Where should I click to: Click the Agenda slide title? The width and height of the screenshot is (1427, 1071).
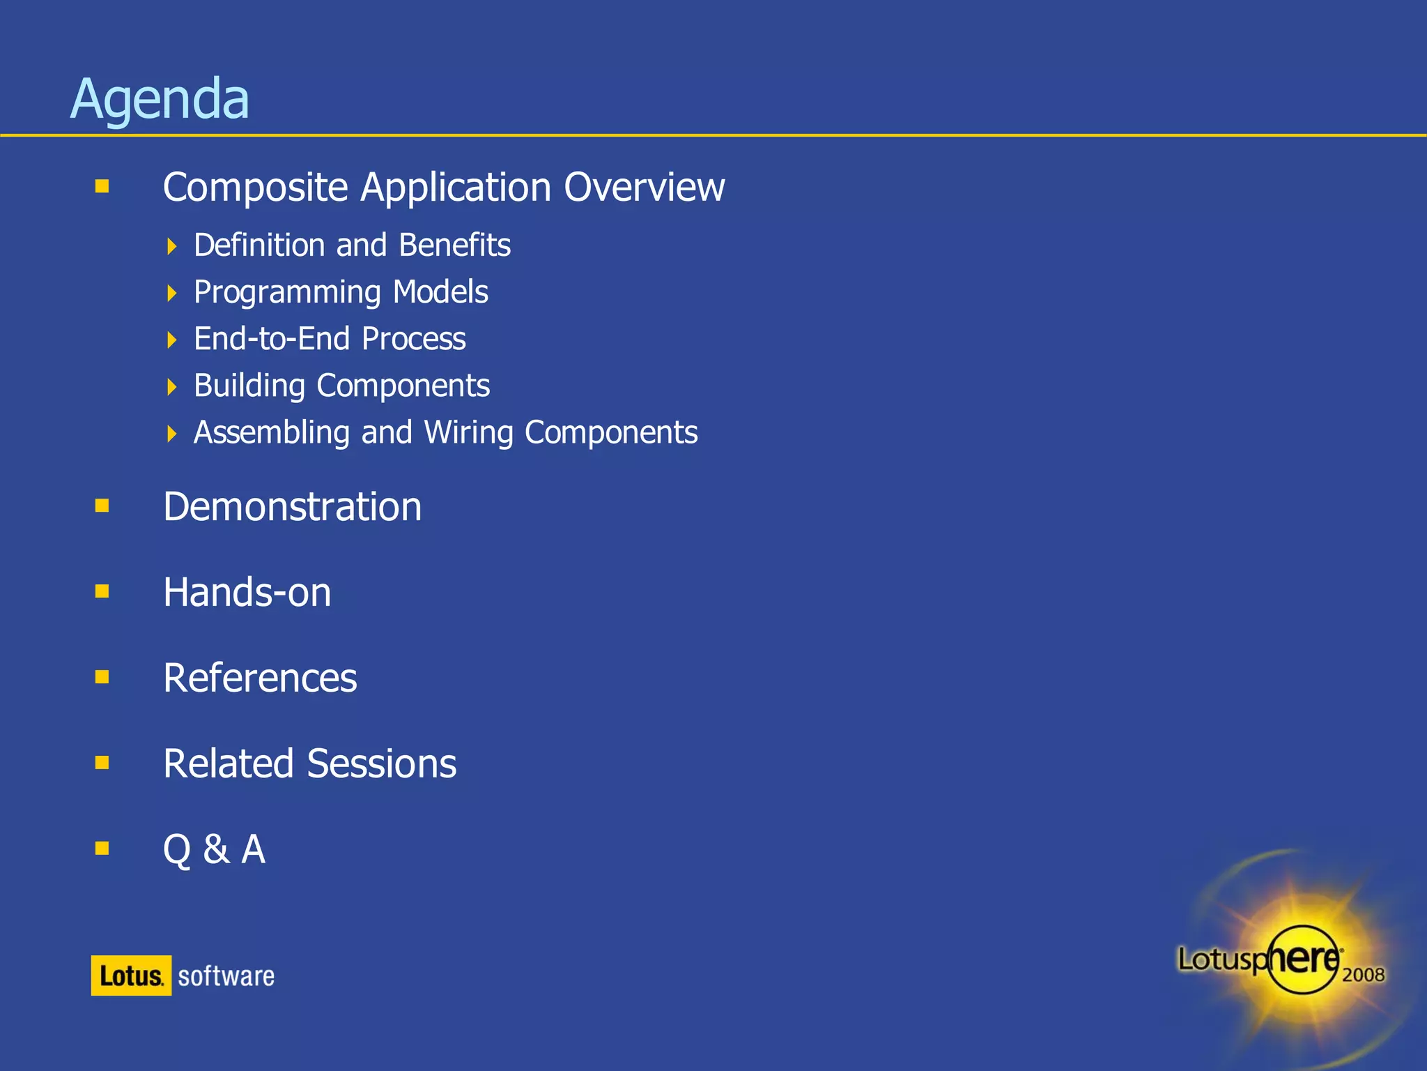click(160, 99)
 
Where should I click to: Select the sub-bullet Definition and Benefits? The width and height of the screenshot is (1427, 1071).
click(352, 245)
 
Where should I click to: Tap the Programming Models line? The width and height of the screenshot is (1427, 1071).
click(341, 292)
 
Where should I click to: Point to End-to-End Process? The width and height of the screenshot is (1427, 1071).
click(330, 339)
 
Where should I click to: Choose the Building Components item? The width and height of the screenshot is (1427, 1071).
click(341, 386)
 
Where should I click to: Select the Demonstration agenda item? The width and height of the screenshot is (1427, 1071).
click(292, 506)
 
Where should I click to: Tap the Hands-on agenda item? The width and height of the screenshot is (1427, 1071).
click(247, 592)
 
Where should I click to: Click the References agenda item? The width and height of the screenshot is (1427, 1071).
click(260, 678)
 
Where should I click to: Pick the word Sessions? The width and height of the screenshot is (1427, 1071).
click(381, 764)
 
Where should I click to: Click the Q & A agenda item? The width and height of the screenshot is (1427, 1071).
click(214, 849)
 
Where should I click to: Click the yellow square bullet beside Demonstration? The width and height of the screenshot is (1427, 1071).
click(102, 506)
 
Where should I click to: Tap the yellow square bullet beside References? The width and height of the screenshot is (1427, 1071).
click(102, 677)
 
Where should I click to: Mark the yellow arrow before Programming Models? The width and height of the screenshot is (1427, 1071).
click(172, 293)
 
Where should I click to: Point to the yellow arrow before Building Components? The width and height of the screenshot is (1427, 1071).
click(172, 386)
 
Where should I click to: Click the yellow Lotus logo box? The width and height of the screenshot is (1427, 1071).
click(131, 975)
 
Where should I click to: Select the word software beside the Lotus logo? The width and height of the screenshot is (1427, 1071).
click(226, 976)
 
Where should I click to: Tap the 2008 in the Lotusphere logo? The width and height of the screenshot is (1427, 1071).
click(1363, 975)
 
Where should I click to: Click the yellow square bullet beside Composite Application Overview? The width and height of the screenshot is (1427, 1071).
click(102, 186)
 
